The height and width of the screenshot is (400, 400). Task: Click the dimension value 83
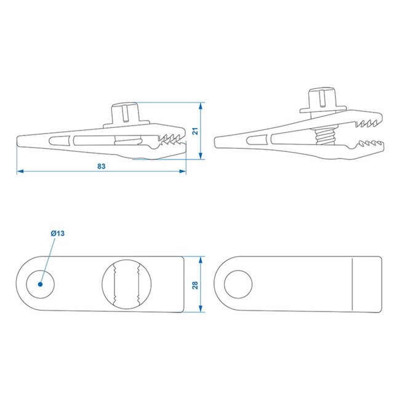102,166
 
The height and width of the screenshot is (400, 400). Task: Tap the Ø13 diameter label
58,233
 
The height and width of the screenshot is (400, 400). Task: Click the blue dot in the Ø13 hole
40,285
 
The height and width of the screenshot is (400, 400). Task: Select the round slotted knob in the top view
127,284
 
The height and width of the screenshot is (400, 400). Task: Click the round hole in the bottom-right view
238,284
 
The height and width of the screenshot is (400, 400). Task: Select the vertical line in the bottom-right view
351,284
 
